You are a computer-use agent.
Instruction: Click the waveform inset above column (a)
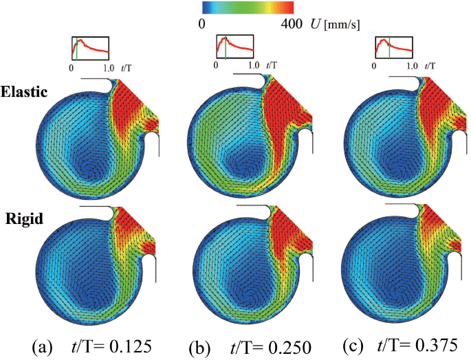click(x=90, y=49)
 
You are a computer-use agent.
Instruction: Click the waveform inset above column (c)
click(x=393, y=49)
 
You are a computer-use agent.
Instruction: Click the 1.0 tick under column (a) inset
click(x=109, y=69)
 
